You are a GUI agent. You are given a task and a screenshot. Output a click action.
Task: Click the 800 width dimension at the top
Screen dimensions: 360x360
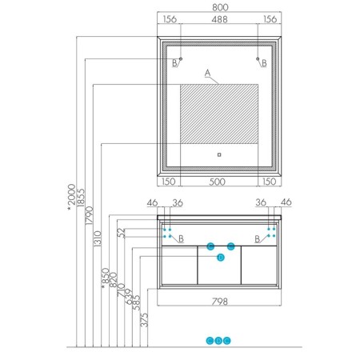[220, 7]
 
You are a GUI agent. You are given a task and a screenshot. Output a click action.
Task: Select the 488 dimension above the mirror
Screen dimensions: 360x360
[219, 19]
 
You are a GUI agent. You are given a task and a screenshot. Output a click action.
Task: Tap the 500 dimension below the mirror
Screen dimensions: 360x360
[218, 182]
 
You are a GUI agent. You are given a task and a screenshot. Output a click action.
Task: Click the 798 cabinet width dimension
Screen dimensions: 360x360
[220, 302]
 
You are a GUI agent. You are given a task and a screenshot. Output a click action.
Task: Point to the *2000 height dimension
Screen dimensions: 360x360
[72, 198]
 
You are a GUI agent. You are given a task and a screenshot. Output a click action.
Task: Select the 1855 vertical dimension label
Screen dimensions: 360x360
[80, 198]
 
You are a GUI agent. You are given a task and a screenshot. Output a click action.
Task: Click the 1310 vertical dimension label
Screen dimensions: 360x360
[98, 238]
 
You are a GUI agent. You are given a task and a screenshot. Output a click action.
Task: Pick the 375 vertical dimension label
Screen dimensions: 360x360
[144, 320]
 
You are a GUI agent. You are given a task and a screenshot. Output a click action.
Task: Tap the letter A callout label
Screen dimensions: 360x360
[207, 73]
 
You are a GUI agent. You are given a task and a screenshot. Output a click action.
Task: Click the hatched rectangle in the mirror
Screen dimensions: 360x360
[219, 114]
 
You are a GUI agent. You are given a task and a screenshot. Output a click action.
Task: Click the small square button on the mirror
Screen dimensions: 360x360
[219, 154]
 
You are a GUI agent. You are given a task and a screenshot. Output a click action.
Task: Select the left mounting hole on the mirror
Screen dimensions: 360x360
[181, 58]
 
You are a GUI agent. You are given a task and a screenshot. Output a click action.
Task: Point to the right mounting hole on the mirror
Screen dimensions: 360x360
[258, 58]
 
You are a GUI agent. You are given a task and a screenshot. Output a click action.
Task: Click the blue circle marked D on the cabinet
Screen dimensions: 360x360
[221, 258]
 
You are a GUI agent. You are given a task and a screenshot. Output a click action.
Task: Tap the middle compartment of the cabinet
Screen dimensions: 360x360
[219, 266]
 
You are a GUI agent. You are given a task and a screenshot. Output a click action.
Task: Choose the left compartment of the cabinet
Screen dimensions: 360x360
[179, 266]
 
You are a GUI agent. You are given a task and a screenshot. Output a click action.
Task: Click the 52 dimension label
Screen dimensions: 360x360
[122, 233]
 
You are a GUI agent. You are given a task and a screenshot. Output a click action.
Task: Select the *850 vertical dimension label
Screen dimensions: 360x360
[106, 278]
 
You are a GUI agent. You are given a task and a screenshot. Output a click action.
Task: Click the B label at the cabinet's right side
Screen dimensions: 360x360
[258, 239]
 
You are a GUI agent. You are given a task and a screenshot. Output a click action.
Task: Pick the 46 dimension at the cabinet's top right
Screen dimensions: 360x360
[286, 202]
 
